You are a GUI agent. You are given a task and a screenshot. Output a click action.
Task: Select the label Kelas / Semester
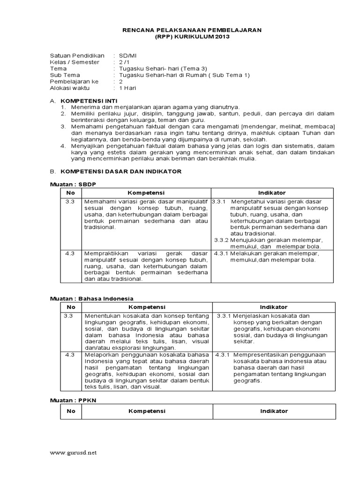click(75, 62)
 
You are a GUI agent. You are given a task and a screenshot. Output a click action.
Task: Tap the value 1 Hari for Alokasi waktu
click(128, 88)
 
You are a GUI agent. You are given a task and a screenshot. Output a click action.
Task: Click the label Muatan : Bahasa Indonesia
click(92, 298)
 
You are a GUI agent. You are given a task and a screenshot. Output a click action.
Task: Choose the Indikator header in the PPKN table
click(274, 411)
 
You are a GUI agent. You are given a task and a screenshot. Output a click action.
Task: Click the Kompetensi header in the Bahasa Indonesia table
click(147, 307)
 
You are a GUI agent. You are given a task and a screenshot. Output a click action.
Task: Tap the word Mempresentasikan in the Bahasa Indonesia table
click(259, 355)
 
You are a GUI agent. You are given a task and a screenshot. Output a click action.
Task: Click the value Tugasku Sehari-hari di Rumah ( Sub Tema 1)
click(185, 75)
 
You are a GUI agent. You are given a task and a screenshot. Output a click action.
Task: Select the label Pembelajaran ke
click(74, 81)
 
